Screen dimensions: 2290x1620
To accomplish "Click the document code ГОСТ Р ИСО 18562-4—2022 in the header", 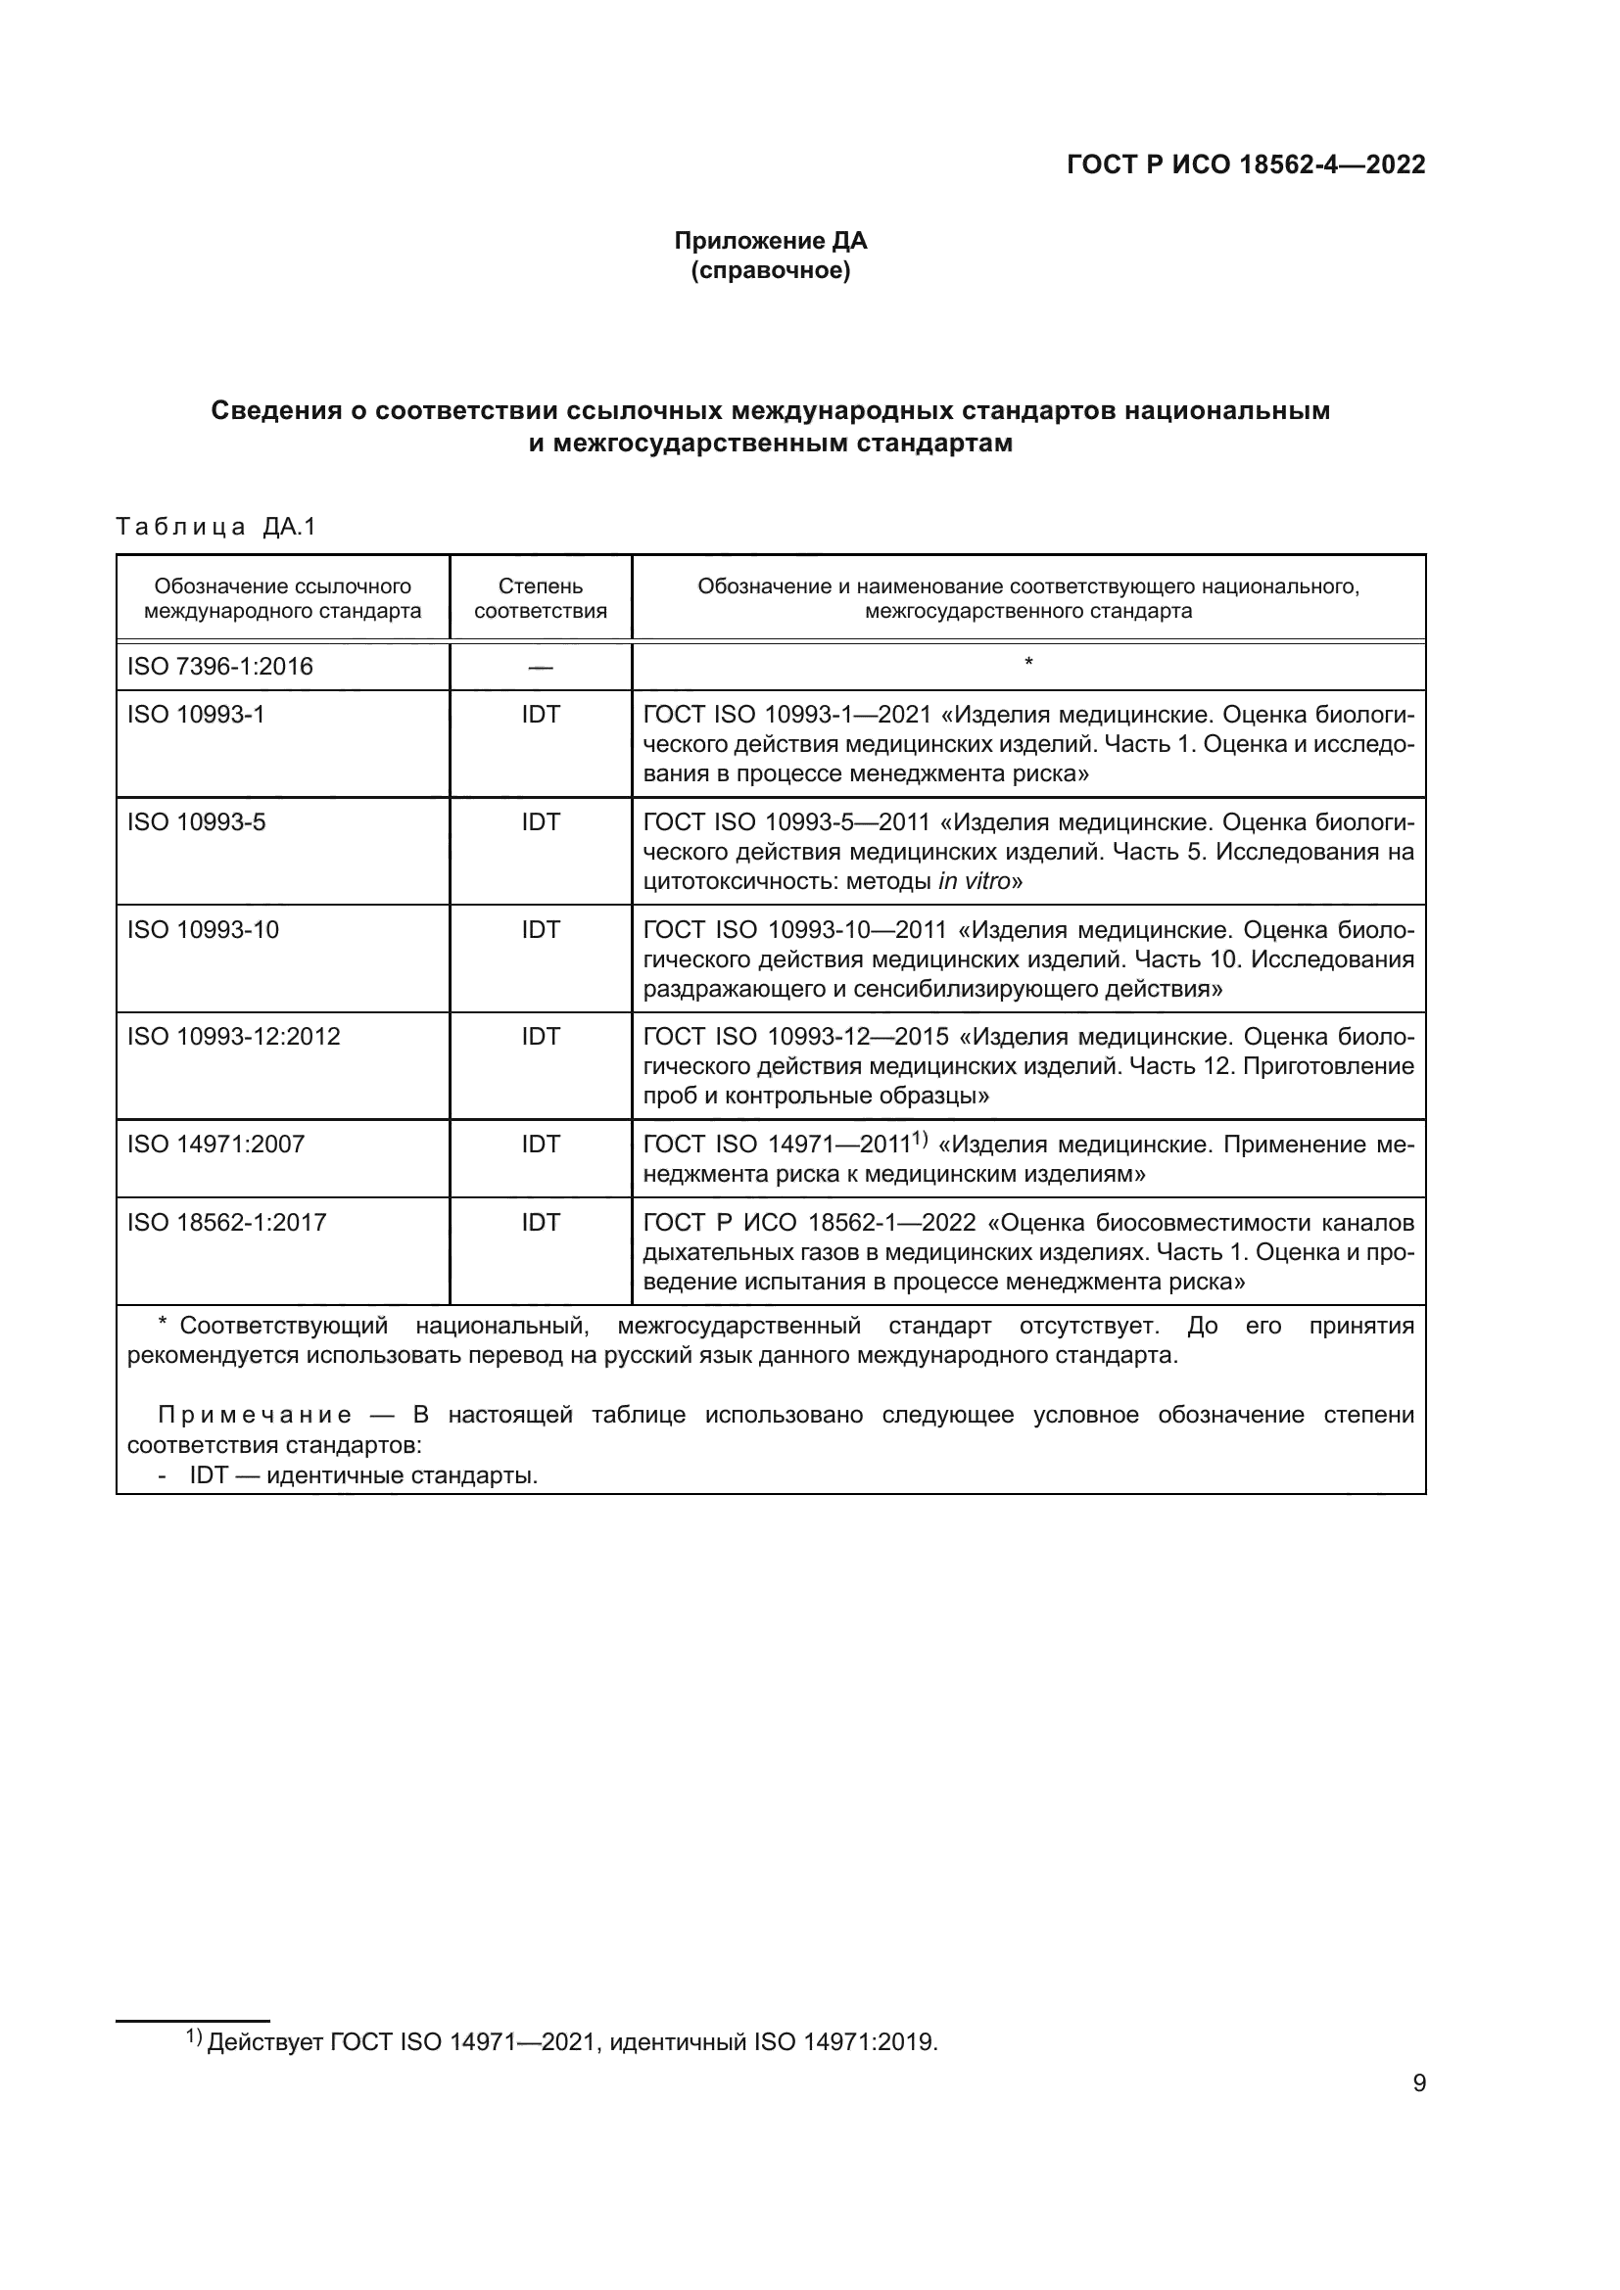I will (x=1246, y=164).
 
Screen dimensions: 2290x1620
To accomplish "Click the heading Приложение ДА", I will (x=770, y=241).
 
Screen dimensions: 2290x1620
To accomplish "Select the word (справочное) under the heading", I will (x=770, y=270).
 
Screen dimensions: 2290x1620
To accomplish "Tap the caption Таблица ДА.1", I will (x=215, y=527).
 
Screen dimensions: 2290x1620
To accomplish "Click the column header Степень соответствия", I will (x=540, y=598).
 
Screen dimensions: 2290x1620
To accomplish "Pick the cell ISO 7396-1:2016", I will (x=219, y=667).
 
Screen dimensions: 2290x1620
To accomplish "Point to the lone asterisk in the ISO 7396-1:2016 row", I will (x=1028, y=662).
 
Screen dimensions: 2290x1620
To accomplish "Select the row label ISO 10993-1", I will (x=196, y=714).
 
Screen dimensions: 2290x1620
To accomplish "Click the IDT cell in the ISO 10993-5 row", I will (x=540, y=821).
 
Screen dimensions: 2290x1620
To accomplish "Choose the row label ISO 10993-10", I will (x=203, y=929).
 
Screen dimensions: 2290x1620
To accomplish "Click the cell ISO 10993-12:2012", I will (x=233, y=1036).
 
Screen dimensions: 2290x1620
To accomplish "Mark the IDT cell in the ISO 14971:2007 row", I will (x=540, y=1144).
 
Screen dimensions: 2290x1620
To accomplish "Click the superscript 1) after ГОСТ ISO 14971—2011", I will (x=920, y=1139).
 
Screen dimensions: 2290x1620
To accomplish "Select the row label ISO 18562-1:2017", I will (x=226, y=1223).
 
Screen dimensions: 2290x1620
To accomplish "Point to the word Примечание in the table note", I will (x=255, y=1416).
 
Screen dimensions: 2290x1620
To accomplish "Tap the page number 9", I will (x=1418, y=2112).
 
